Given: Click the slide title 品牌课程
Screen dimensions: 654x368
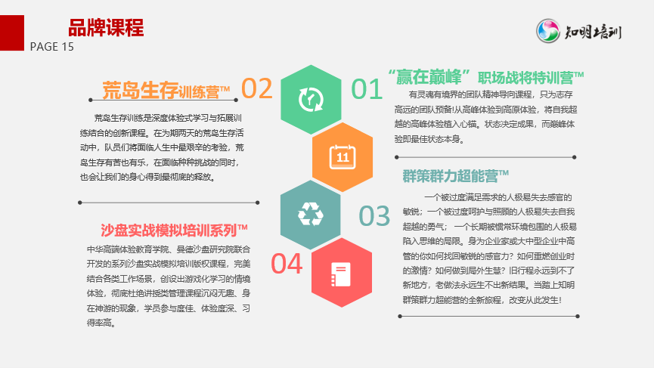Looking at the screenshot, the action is [x=106, y=28].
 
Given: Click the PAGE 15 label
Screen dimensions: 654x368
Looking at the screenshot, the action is [x=51, y=47].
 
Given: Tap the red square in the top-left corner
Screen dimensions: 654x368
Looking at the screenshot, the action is [x=12, y=33].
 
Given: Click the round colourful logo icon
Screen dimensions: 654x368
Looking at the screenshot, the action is [x=547, y=31].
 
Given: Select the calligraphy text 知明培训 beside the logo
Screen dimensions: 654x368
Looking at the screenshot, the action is [x=593, y=32].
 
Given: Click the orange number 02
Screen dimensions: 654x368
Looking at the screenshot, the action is [x=257, y=88].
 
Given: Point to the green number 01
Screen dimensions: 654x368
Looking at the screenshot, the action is [x=367, y=89].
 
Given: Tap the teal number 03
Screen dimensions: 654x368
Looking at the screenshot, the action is [x=374, y=216].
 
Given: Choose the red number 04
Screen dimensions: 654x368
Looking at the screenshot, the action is [x=287, y=264].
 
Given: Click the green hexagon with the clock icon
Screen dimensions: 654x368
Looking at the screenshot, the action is [x=311, y=100].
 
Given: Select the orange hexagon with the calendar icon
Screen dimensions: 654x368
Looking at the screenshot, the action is [x=342, y=157].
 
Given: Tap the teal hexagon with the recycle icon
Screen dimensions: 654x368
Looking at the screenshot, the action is [x=311, y=215].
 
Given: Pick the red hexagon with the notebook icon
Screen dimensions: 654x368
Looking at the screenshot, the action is [x=342, y=273].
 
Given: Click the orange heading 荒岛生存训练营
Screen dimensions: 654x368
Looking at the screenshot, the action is [x=166, y=91].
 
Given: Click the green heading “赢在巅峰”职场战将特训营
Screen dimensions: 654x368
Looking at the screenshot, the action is [x=486, y=77].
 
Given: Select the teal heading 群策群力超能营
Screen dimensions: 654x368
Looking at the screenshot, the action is [x=455, y=176].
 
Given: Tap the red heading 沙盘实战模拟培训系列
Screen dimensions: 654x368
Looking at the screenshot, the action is [x=174, y=230].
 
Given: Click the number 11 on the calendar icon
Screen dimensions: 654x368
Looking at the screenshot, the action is [x=342, y=157].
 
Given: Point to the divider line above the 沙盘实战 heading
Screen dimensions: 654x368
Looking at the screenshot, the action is [x=169, y=203].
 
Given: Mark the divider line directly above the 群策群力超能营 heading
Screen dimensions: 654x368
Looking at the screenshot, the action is [x=485, y=157].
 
